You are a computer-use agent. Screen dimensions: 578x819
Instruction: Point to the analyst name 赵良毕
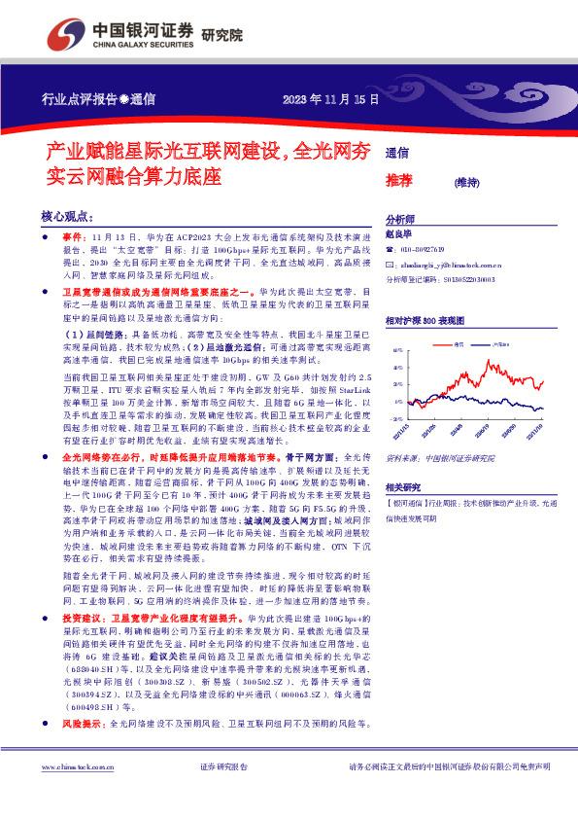coord(399,234)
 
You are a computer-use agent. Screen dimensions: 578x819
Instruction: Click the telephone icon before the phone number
coord(391,249)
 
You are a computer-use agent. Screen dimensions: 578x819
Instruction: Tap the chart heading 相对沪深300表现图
coord(432,320)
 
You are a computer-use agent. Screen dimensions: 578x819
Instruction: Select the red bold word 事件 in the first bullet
coord(74,236)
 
